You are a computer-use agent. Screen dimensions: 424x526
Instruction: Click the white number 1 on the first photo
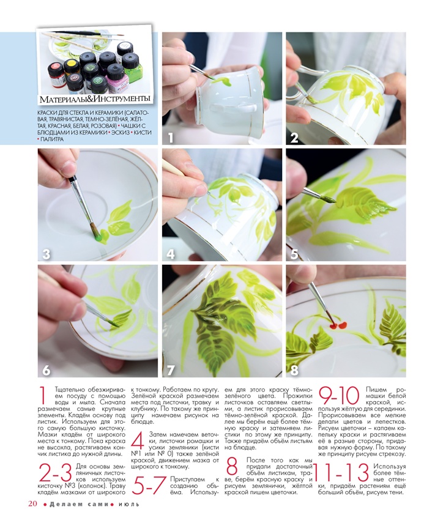171,138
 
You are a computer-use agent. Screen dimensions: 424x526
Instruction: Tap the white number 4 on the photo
171,254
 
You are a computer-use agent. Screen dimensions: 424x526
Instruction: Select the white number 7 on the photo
171,371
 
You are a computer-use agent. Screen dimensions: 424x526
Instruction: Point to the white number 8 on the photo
294,371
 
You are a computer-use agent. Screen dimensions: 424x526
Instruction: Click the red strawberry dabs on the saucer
338,325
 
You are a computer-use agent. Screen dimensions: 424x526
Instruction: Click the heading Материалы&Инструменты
95,99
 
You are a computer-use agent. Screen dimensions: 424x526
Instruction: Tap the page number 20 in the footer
32,504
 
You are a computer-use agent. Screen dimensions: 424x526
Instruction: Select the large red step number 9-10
339,396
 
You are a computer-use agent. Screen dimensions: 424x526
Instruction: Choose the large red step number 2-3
56,473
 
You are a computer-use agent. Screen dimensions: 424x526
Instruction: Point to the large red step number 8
232,466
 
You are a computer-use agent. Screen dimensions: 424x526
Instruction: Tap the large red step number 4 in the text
137,441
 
